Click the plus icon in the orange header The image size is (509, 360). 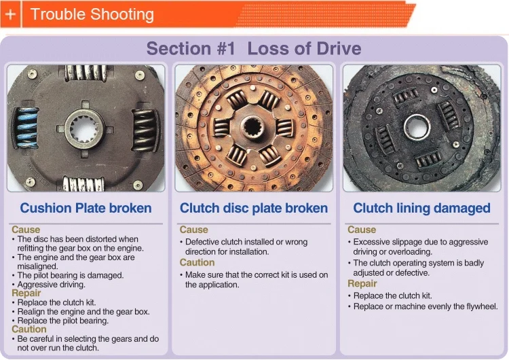click(x=10, y=14)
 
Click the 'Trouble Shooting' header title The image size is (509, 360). click(x=92, y=14)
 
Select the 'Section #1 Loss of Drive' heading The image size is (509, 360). click(x=254, y=49)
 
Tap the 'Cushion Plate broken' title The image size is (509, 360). click(x=86, y=208)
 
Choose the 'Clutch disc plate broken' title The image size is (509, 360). click(x=254, y=208)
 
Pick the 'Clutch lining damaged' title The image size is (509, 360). click(x=421, y=208)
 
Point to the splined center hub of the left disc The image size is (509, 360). click(x=86, y=127)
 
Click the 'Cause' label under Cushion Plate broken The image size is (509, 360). click(x=26, y=230)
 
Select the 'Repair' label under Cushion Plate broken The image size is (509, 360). click(x=26, y=293)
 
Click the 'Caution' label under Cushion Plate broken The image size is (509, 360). click(x=29, y=329)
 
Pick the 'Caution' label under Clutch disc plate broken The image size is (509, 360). click(x=197, y=262)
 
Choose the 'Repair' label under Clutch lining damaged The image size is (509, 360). click(x=362, y=284)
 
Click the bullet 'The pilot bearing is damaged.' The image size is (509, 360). click(x=70, y=276)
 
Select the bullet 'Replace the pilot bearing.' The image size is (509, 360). click(x=62, y=321)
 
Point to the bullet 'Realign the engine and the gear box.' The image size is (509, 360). click(x=83, y=312)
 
